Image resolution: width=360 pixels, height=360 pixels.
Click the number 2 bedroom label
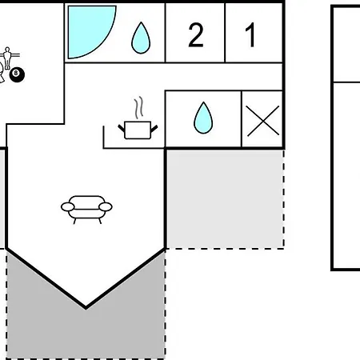196,35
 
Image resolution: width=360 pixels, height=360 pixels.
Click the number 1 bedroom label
250,35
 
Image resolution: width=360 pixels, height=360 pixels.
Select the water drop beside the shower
141,38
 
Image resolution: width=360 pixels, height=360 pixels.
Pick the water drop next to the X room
203,118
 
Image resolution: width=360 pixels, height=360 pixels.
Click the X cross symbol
262,121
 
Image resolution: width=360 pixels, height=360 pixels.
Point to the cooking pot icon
138,130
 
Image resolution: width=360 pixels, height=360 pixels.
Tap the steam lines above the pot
138,108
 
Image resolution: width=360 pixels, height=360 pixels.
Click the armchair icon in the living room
86,210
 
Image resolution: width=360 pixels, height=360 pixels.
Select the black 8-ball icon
17,74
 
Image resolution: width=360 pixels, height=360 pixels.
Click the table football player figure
7,58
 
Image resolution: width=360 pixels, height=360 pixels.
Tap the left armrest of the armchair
68,206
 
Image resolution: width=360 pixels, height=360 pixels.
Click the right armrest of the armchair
106,206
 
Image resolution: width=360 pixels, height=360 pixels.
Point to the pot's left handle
122,128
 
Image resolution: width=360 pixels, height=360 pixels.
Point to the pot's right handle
154,128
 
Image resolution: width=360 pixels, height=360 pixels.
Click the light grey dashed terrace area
225,199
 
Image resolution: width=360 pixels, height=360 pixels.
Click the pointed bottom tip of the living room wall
86,309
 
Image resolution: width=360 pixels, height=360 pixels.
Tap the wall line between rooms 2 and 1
225,33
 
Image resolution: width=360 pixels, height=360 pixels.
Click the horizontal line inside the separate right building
346,82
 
